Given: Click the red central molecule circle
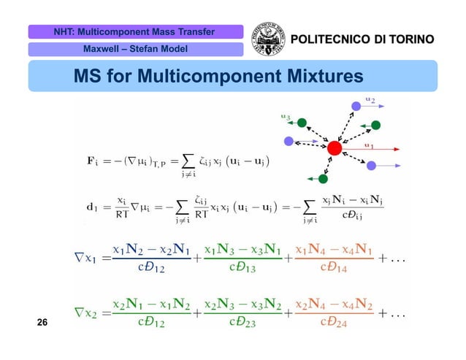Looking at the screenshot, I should click(x=335, y=148).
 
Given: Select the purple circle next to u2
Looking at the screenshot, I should click(x=356, y=107).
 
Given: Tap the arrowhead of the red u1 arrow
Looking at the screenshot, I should click(x=399, y=152).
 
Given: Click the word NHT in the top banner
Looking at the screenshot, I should click(x=64, y=31).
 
